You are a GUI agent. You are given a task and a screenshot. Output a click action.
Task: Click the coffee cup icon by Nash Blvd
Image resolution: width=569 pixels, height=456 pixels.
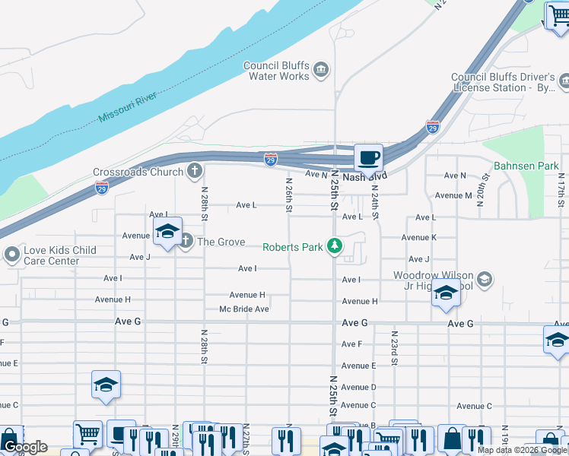click(x=369, y=158)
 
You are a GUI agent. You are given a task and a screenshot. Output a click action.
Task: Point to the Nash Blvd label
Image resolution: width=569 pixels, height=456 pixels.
click(x=364, y=176)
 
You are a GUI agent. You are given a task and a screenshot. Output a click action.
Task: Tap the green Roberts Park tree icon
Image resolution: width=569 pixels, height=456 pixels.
click(x=333, y=246)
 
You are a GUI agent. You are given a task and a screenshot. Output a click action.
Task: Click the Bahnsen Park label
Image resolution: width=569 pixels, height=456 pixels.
click(x=526, y=165)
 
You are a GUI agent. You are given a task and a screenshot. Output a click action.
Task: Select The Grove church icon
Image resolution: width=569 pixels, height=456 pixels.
click(x=186, y=242)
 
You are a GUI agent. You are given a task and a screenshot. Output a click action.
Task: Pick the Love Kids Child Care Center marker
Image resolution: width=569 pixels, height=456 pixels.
click(x=11, y=255)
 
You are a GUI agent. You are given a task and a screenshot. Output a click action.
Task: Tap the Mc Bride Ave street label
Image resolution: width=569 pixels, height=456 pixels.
click(x=244, y=309)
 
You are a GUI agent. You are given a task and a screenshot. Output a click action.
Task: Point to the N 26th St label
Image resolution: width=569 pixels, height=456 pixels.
click(x=289, y=195)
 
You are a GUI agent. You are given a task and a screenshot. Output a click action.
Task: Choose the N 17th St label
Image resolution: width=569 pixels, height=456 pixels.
click(x=561, y=190)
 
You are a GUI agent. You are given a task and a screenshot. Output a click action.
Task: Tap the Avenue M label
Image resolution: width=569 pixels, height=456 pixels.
click(x=453, y=195)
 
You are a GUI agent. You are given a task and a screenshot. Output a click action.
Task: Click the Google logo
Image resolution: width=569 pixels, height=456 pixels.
click(x=24, y=447)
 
